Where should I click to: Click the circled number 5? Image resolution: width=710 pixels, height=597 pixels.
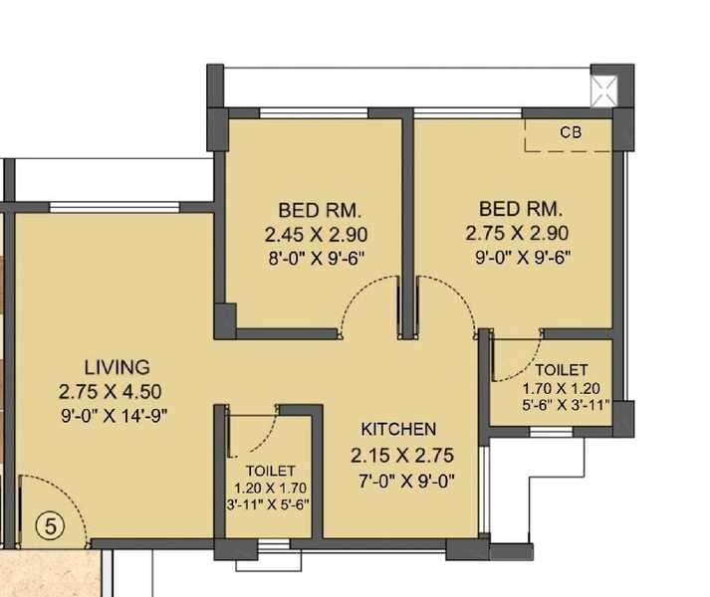tap(48, 523)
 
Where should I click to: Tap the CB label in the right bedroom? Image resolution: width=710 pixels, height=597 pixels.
tap(570, 131)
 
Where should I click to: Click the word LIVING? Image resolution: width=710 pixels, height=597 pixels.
tap(117, 366)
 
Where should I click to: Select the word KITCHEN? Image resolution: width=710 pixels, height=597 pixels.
tap(398, 429)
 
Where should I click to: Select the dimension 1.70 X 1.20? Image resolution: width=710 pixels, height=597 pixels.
tap(562, 389)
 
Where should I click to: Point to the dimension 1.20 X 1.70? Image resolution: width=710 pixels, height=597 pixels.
tap(270, 488)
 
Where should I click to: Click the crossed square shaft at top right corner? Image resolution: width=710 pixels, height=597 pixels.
tap(604, 91)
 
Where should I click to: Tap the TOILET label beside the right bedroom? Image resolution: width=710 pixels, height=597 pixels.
tap(562, 370)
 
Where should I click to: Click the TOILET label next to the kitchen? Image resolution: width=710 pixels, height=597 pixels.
tap(270, 470)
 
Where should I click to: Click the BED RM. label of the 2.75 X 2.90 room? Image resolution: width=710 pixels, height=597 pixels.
tap(520, 210)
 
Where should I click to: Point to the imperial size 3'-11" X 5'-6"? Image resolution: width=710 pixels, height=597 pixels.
tap(269, 504)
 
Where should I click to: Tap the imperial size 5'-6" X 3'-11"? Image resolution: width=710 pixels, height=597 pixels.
tap(562, 407)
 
